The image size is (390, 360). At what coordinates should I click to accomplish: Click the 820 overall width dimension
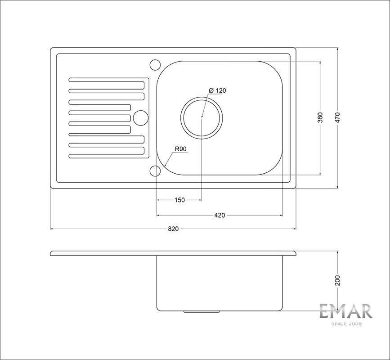coord(173,229)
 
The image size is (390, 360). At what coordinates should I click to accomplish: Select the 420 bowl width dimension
coord(220,216)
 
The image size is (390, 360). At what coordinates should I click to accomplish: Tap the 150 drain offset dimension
coord(179,200)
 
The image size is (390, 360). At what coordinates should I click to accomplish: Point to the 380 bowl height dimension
coord(320,118)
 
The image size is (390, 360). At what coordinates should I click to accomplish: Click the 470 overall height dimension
coord(338,118)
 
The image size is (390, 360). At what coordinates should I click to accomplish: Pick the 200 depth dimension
coord(338,281)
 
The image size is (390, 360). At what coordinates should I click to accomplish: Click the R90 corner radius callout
coord(181,149)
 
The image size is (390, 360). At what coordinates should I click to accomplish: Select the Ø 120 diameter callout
coord(218,91)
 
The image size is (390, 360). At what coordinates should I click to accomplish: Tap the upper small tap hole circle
coord(154,64)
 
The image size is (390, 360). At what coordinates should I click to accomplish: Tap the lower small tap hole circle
coord(154,171)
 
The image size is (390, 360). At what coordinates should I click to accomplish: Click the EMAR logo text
coord(346,311)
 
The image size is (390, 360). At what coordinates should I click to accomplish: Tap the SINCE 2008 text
coord(346,323)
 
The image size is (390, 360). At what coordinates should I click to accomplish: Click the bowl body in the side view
coord(220,283)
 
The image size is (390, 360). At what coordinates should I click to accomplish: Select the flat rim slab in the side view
coord(173,253)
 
